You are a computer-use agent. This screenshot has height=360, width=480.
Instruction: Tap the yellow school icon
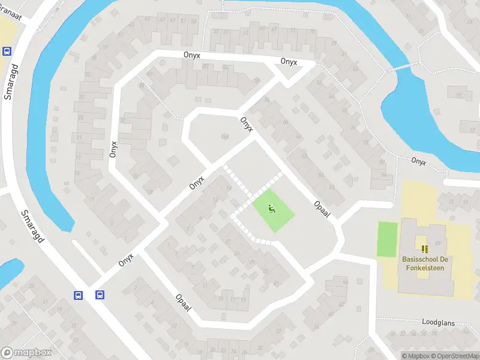coord(425,248)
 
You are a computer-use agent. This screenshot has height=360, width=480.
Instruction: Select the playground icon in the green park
coord(271,209)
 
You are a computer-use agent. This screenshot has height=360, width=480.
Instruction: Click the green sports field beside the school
coord(388,239)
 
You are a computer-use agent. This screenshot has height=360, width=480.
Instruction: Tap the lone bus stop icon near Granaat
coord(7,52)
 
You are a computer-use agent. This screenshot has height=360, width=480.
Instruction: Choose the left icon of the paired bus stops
coord(78,295)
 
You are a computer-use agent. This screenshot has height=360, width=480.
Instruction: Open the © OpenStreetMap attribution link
coord(455,356)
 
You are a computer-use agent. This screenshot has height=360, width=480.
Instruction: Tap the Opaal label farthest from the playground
coord(183,302)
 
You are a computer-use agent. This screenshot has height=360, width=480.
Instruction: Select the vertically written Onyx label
coord(113,145)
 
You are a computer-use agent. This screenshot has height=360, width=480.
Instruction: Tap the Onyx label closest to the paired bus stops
coord(125,259)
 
